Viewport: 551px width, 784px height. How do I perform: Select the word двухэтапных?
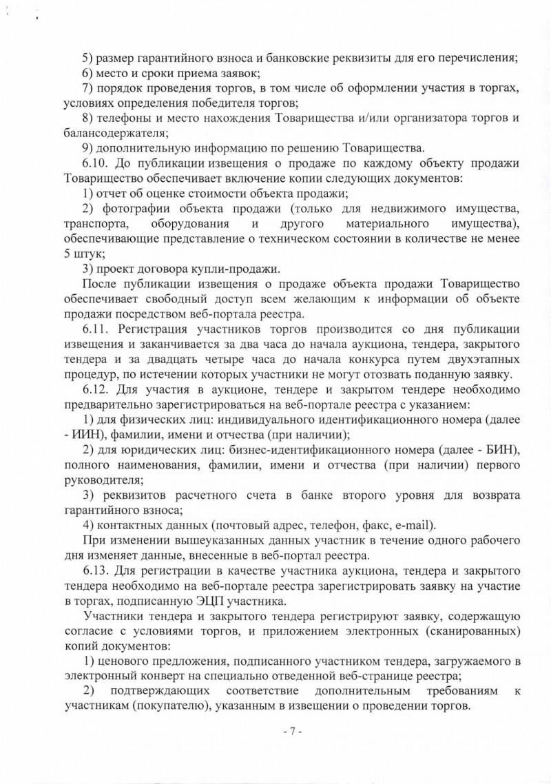(469, 359)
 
